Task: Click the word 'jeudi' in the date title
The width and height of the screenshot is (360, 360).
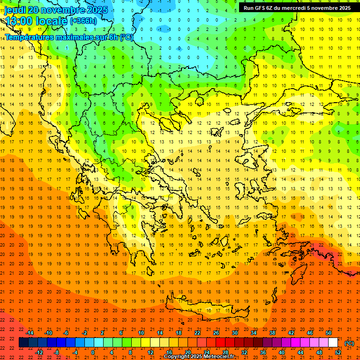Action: coord(15,10)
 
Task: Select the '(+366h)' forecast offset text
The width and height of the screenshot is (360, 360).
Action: coord(83,21)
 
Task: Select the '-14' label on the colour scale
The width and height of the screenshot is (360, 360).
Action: coord(30,333)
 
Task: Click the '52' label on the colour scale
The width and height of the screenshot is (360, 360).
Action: coord(338,352)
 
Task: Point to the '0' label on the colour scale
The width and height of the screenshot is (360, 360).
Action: coord(93,352)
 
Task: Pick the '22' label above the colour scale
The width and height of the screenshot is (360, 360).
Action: coord(197,333)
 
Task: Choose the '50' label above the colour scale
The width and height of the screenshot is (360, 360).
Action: coord(329,333)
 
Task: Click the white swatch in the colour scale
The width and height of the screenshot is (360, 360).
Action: coord(333,343)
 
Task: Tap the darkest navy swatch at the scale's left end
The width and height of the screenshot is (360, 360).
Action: coord(23,343)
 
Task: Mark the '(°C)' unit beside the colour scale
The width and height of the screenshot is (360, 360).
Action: coord(349,343)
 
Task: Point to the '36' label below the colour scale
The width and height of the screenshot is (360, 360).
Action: coord(262,352)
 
